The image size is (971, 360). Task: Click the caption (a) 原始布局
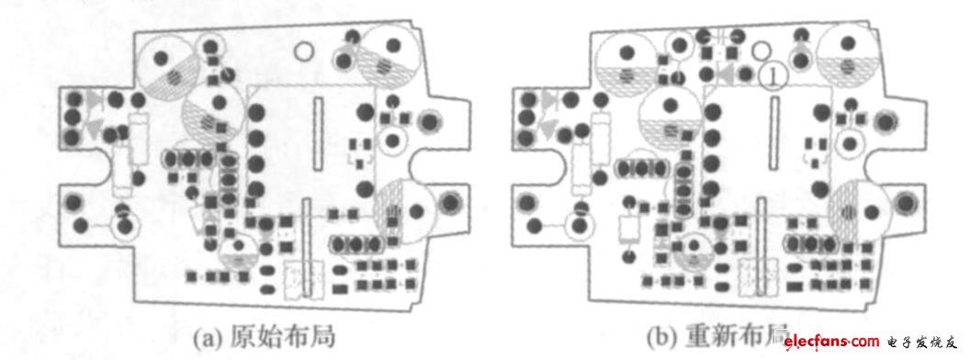coord(262,336)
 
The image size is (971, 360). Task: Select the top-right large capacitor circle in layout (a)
coord(386,57)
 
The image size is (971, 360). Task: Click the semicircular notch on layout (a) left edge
coord(68,166)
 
